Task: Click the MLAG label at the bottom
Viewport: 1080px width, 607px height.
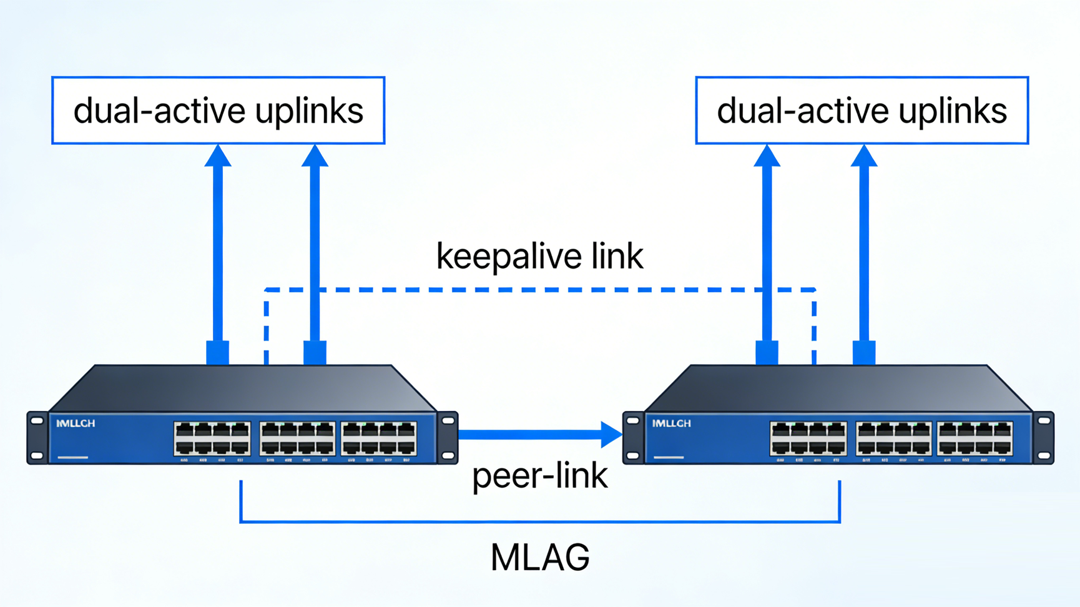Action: (540, 557)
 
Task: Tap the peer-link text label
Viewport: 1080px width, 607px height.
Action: (540, 476)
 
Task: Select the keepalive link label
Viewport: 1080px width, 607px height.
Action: (540, 256)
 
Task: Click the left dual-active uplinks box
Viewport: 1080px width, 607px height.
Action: (218, 111)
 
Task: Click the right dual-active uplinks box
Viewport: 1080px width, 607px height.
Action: (862, 111)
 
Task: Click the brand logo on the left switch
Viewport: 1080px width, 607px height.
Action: (76, 423)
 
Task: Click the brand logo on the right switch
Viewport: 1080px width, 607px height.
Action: (672, 423)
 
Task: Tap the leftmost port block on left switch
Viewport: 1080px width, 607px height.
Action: (212, 438)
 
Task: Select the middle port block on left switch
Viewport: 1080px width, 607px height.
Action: (297, 438)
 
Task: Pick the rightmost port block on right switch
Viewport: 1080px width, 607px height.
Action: (974, 438)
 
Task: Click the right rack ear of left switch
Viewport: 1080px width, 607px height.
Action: (448, 438)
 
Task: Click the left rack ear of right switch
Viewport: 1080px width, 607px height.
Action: (633, 438)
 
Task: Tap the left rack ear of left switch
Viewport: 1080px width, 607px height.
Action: (37, 438)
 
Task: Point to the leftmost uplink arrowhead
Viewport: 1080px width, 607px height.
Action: (218, 156)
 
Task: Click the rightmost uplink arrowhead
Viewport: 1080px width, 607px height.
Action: (864, 156)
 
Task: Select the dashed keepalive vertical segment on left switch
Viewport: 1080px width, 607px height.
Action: (267, 328)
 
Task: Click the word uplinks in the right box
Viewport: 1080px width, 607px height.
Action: (953, 111)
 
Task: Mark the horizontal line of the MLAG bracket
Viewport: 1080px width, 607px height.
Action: (540, 521)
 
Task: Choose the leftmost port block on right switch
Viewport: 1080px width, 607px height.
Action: (808, 438)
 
